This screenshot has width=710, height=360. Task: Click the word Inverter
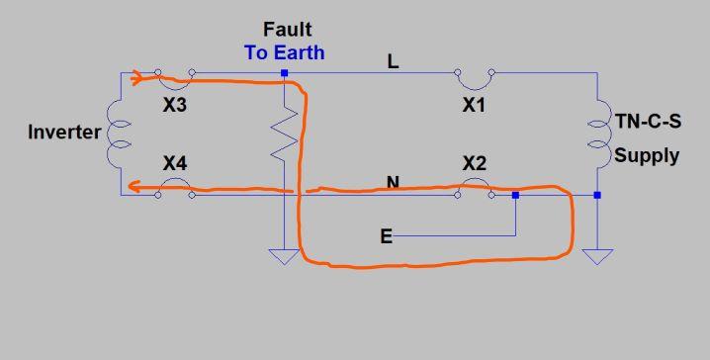coord(64,132)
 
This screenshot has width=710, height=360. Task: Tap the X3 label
coord(175,106)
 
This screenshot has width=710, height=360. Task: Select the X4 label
coord(175,163)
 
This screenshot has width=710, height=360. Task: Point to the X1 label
coord(474,106)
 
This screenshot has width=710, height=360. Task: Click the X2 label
coord(474,163)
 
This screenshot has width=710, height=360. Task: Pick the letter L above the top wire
coord(393,61)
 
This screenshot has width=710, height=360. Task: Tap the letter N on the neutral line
coord(393,183)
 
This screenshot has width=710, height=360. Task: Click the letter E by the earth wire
coord(387,236)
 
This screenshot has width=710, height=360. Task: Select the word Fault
coord(287,30)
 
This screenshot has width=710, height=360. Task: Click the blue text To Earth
coord(285,52)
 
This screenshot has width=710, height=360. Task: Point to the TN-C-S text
coord(648,122)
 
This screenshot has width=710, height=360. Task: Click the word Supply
coord(647,156)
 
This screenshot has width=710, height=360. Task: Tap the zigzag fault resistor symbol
coord(284,134)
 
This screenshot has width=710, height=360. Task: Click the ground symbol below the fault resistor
coord(284,256)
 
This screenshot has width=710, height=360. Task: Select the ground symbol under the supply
coord(597,256)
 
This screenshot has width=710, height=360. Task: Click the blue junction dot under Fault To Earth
coord(285,73)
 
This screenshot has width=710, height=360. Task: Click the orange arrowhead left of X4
coord(134,186)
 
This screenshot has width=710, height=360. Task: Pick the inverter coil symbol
coord(119,135)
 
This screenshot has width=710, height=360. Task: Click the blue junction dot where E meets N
coord(515,195)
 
